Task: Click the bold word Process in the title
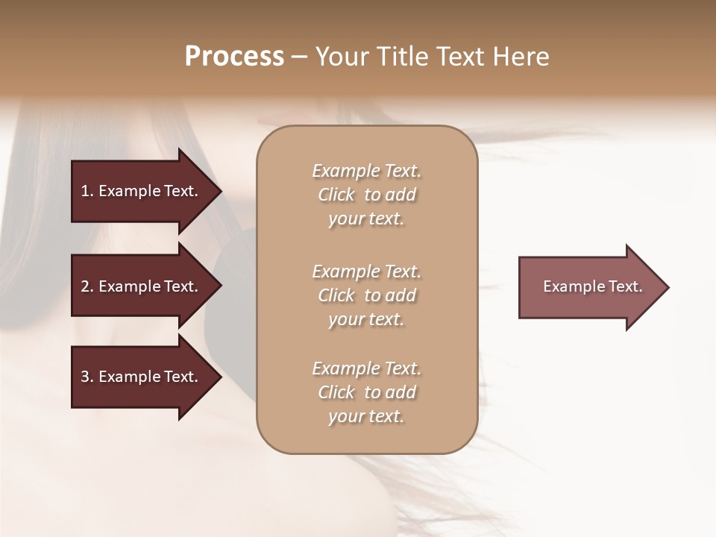point(234,57)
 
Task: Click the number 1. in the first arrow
point(87,191)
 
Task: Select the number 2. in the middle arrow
point(87,286)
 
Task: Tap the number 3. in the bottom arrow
point(87,377)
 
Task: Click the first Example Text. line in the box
point(366,171)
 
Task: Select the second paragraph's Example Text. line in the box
point(366,271)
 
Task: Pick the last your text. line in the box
point(366,416)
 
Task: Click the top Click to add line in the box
point(366,195)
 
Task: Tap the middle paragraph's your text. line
point(366,319)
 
